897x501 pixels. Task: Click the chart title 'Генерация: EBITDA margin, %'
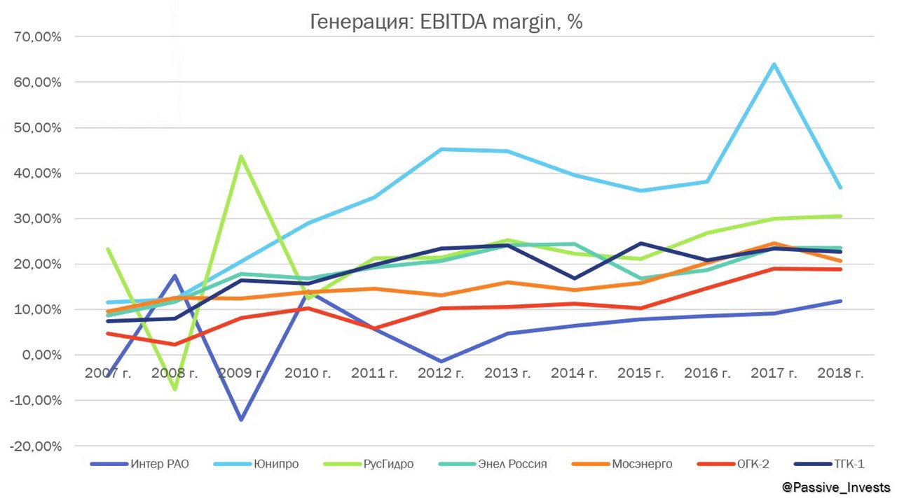446,22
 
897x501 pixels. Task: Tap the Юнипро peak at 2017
774,64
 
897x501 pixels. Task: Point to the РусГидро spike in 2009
241,156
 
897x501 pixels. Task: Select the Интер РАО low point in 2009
241,420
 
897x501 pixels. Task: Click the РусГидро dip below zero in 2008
174,389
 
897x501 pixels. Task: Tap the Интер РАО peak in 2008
174,276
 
